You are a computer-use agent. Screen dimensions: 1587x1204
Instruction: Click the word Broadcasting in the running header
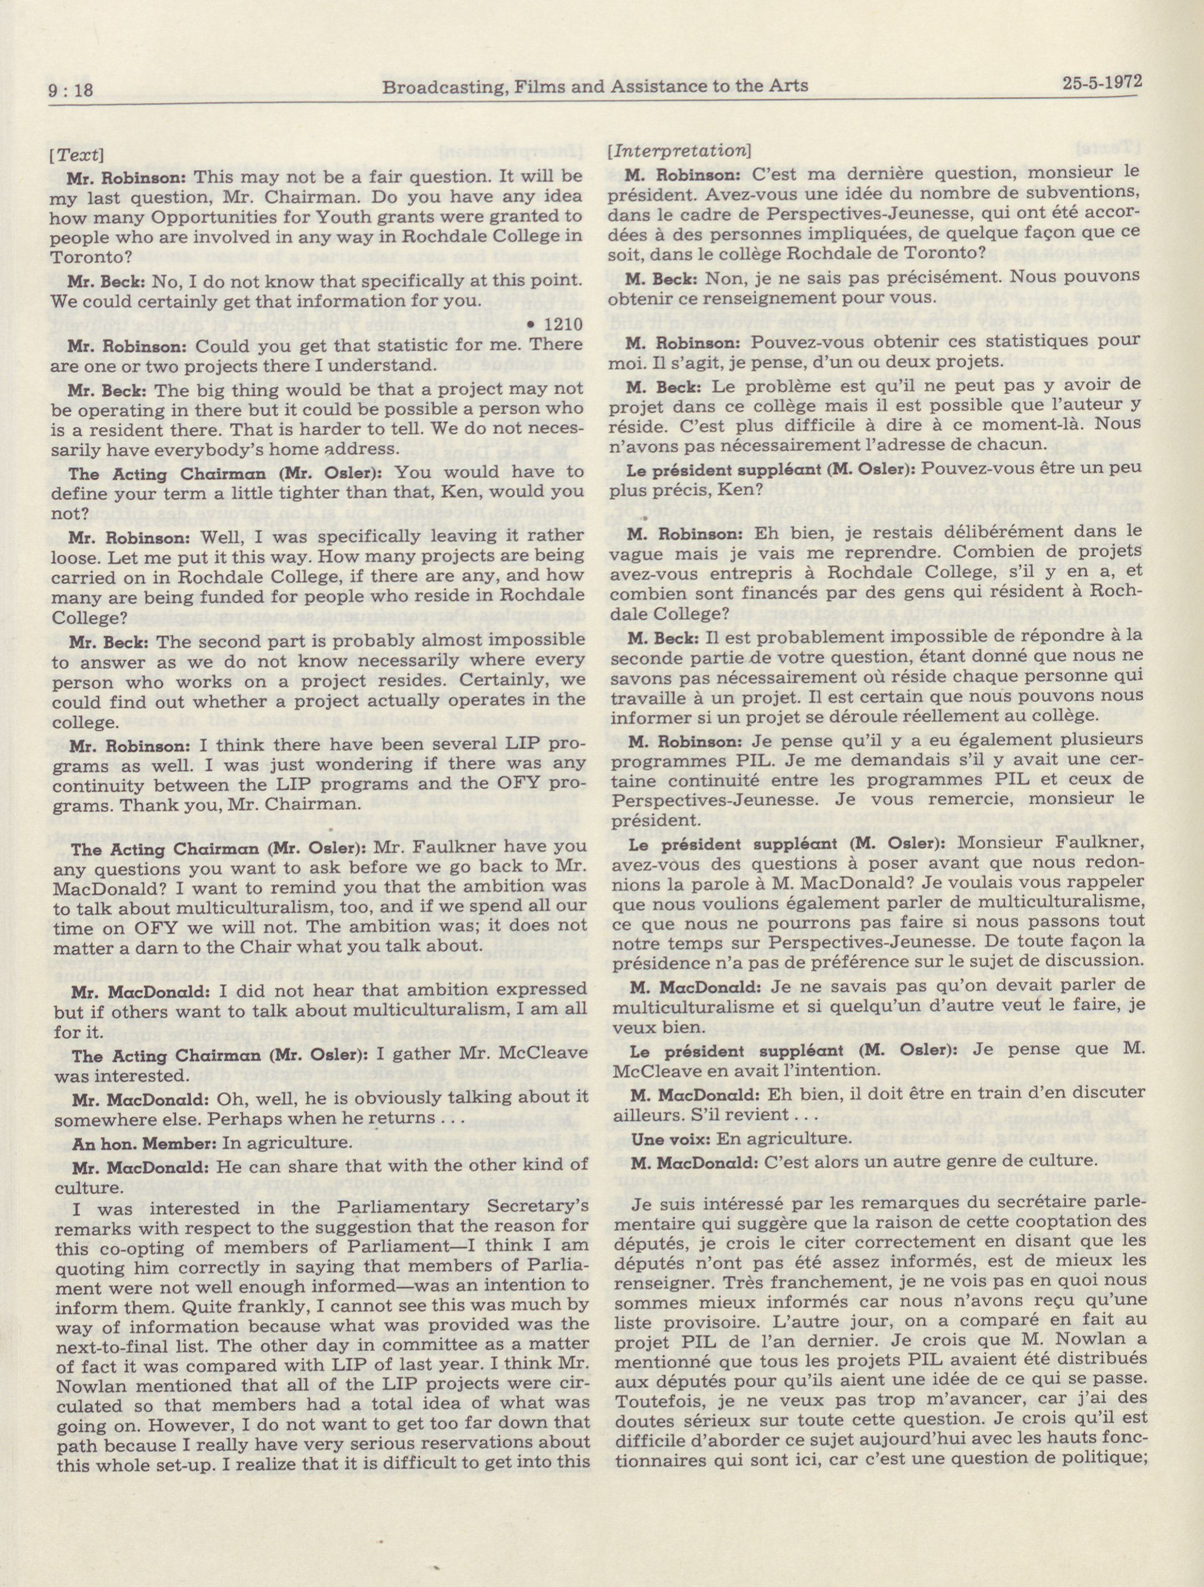430,87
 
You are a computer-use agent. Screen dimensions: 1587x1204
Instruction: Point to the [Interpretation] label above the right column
678,151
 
